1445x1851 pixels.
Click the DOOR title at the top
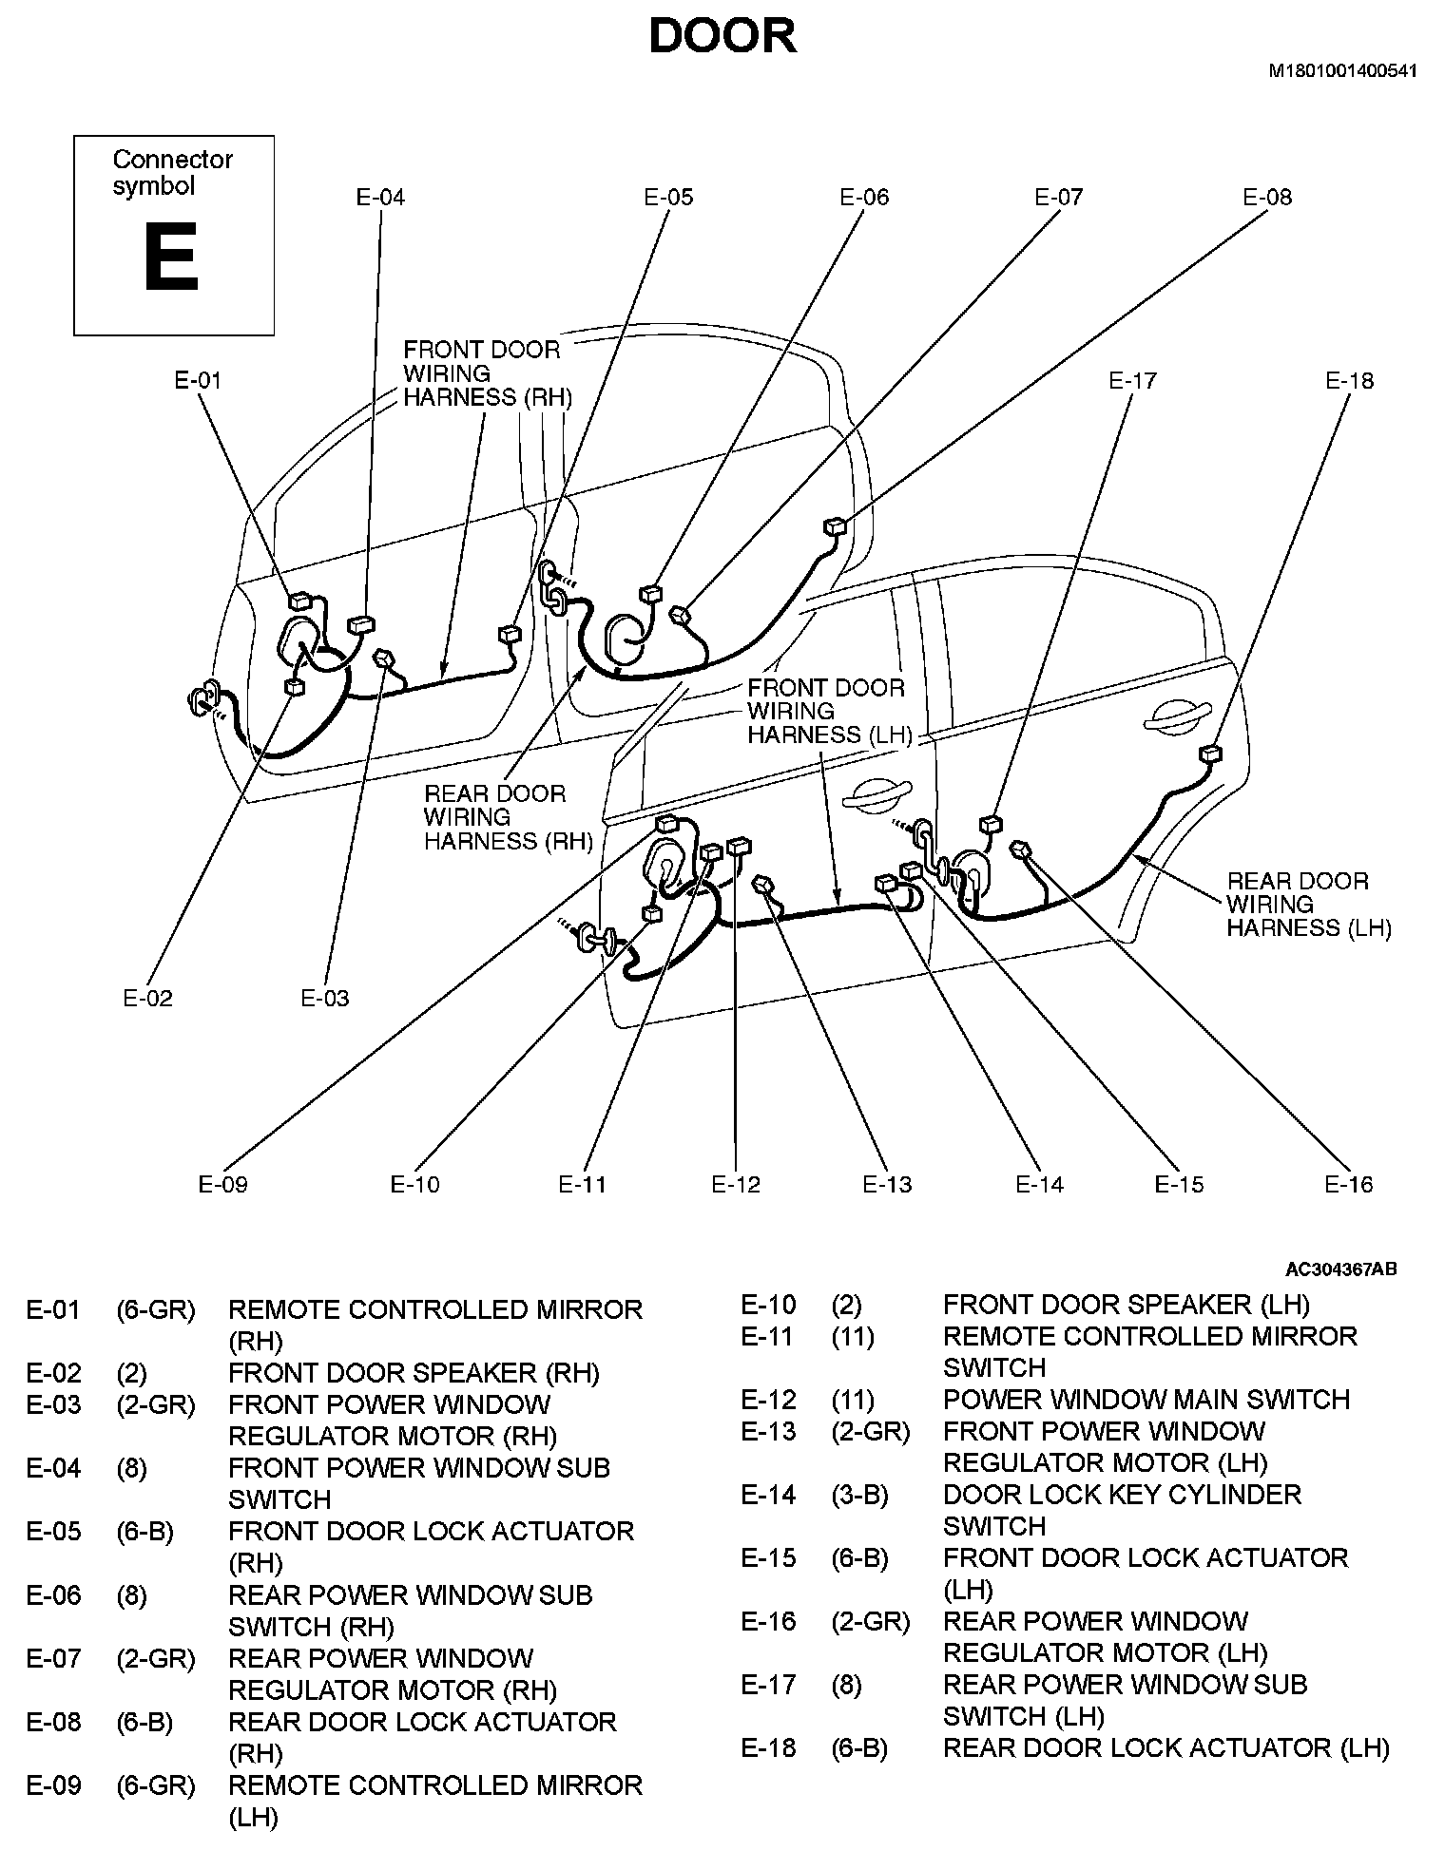click(x=722, y=36)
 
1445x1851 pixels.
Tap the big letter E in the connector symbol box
click(x=171, y=258)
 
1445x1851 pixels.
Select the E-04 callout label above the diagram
click(x=380, y=198)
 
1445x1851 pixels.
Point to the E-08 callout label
click(x=1267, y=198)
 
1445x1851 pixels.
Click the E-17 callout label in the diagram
click(x=1132, y=381)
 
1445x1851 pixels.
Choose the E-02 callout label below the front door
click(x=148, y=999)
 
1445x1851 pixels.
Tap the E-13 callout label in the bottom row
click(x=887, y=1185)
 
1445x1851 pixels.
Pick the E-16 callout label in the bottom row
click(x=1349, y=1185)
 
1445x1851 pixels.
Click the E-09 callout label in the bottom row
click(x=222, y=1185)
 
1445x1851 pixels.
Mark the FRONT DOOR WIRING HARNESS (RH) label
click(x=487, y=373)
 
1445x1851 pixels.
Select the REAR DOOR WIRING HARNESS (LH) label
click(x=1308, y=905)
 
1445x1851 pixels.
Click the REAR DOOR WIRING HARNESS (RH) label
click(x=508, y=817)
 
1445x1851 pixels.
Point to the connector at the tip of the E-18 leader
click(x=1210, y=754)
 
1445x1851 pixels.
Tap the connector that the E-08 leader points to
click(x=835, y=525)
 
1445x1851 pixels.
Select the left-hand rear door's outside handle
click(x=1178, y=718)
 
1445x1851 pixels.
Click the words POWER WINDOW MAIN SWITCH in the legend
click(x=1146, y=1400)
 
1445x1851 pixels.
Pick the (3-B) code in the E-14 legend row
click(x=859, y=1495)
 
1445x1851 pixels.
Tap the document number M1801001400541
click(x=1342, y=71)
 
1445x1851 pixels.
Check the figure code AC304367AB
click(x=1340, y=1269)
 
